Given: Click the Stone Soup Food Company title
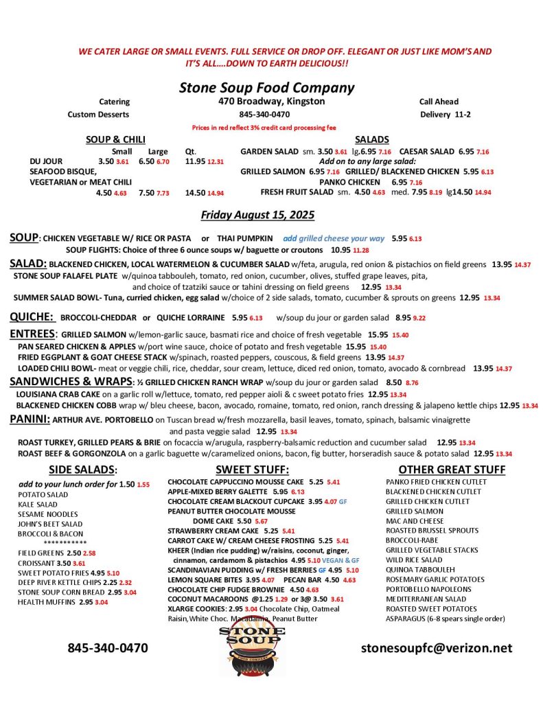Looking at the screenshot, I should click(266, 88).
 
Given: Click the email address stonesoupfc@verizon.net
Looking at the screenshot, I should click(436, 648).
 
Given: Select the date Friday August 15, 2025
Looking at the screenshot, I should click(257, 215).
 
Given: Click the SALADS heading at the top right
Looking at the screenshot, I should click(372, 139).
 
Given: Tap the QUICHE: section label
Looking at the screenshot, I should click(32, 317).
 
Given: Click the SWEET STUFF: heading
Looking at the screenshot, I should click(246, 470).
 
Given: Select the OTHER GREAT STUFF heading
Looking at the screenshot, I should click(452, 470).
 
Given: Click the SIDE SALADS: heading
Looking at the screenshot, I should click(82, 470).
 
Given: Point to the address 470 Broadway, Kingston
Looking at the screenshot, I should click(267, 102).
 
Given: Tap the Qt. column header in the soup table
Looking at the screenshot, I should click(191, 152).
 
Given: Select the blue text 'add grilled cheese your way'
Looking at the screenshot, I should click(334, 238).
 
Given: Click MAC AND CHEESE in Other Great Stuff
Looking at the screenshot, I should click(415, 521).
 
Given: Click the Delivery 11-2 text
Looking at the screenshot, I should click(445, 115).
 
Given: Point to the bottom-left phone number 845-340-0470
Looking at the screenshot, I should click(108, 648).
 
